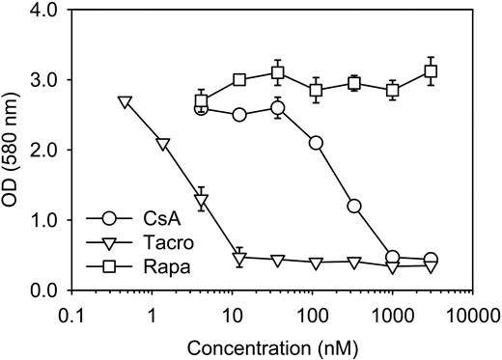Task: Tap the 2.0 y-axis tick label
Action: click(x=42, y=150)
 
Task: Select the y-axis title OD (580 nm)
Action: click(x=13, y=150)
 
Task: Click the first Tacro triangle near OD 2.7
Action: click(x=124, y=101)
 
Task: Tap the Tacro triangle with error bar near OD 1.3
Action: click(x=201, y=201)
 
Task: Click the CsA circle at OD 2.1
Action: click(x=316, y=143)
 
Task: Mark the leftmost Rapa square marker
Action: click(x=201, y=101)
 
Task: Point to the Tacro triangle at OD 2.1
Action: click(x=162, y=144)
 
